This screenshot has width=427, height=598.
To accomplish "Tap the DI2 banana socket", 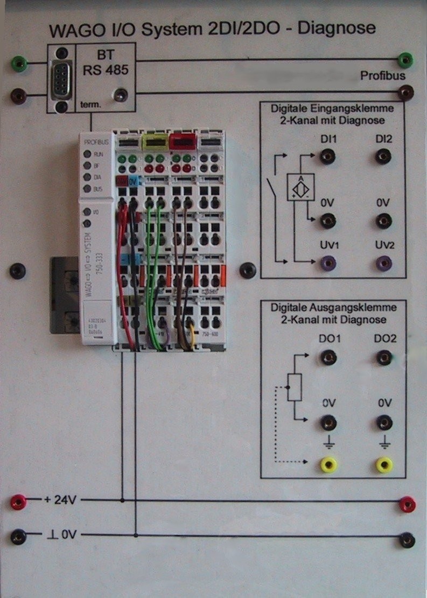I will (x=383, y=157).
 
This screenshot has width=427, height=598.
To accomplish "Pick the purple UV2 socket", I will (x=383, y=263).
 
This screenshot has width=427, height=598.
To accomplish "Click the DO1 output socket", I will (x=327, y=357).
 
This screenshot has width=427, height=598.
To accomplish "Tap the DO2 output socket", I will (x=383, y=357).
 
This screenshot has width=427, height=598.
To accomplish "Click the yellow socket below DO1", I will (x=328, y=464).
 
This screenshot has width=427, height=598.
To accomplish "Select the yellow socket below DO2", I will (x=384, y=464).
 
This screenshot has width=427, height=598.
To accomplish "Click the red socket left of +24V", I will (x=18, y=502).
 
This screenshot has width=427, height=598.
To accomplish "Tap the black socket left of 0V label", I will (x=18, y=537).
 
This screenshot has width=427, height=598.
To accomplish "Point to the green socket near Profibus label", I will (x=405, y=59).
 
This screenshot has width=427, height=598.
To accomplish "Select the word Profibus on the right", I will (x=383, y=76).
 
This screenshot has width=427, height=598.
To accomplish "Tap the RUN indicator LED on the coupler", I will (x=86, y=154).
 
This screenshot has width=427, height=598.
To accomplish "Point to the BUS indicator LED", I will (x=86, y=189).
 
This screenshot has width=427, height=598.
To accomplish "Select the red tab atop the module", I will (x=182, y=142).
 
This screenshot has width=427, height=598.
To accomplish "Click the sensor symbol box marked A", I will (x=301, y=188).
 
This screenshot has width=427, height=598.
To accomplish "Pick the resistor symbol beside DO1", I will (x=294, y=387).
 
